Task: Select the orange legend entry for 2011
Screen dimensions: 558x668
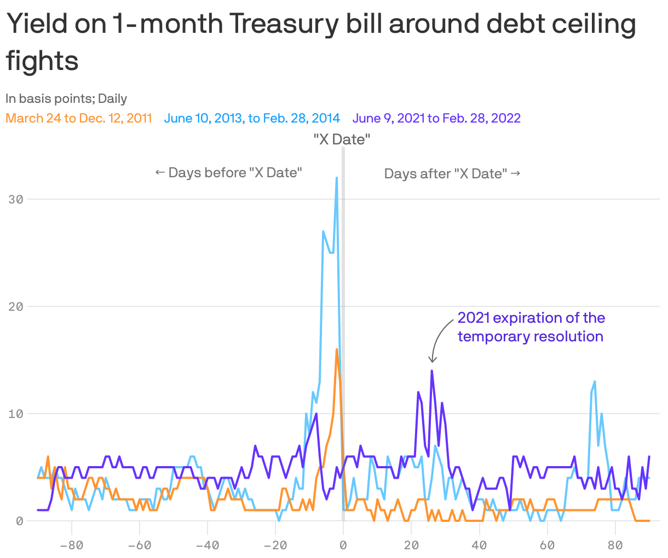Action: (79, 118)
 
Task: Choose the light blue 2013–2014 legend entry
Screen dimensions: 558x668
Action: (252, 118)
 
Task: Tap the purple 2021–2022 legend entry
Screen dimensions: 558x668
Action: (436, 118)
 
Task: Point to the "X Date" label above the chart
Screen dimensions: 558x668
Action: (342, 139)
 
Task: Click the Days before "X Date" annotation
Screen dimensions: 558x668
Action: (229, 173)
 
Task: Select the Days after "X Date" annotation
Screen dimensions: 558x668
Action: (452, 174)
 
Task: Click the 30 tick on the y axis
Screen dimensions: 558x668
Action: (16, 199)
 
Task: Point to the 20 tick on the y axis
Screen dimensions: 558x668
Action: (16, 306)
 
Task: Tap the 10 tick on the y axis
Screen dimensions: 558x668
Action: (16, 414)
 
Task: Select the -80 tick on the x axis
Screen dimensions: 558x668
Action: (71, 545)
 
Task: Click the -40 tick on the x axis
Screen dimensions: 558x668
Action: (207, 545)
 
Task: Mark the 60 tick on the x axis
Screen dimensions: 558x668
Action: (547, 545)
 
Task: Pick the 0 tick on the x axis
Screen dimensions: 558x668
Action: (343, 545)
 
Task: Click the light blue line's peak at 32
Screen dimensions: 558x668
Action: (337, 178)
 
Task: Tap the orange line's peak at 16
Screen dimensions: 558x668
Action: (337, 350)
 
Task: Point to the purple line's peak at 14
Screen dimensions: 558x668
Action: (432, 371)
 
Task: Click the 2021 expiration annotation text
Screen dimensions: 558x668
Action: (531, 327)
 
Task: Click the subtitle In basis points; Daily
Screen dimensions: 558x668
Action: (66, 99)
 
